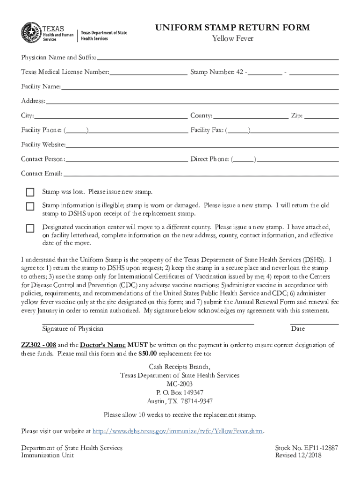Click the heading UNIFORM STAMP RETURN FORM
[x=232, y=28]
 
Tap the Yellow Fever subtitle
[x=232, y=38]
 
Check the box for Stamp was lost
[x=30, y=192]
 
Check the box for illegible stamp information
[x=30, y=206]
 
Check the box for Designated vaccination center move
[x=30, y=228]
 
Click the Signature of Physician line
[x=148, y=323]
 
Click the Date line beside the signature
[x=314, y=323]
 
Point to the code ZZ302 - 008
[x=39, y=345]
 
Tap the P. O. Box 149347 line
[x=180, y=392]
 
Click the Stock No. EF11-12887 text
[x=307, y=448]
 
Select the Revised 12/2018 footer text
[x=307, y=455]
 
